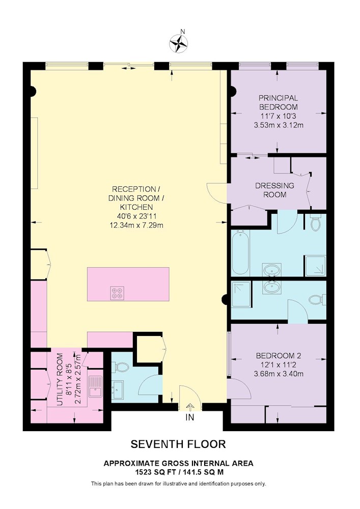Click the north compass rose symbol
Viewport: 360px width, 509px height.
click(x=179, y=43)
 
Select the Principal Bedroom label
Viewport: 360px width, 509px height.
click(x=278, y=102)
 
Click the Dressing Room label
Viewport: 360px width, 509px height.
click(x=274, y=190)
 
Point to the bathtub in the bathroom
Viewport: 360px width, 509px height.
click(x=240, y=252)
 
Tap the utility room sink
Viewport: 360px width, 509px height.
click(x=95, y=387)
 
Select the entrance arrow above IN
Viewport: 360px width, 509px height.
click(x=190, y=407)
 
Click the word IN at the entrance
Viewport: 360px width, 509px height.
click(x=190, y=417)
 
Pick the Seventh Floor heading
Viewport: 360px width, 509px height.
click(x=178, y=444)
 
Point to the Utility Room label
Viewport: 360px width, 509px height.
click(x=60, y=379)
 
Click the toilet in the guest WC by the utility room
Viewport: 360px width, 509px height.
click(x=121, y=367)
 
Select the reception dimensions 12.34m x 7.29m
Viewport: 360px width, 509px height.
click(x=136, y=225)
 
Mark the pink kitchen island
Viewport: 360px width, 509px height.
click(x=128, y=284)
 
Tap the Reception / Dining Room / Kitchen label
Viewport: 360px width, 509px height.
click(x=136, y=198)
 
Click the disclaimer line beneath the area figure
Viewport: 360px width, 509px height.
click(x=179, y=484)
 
